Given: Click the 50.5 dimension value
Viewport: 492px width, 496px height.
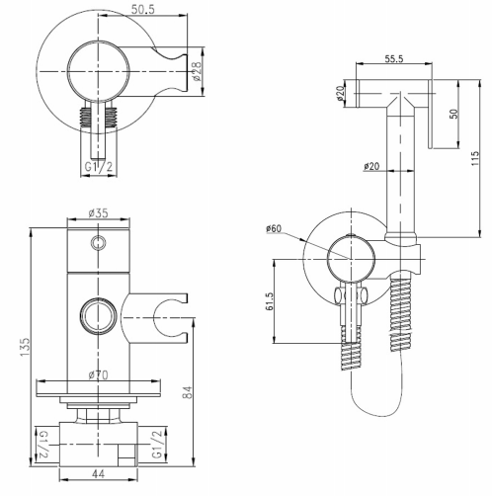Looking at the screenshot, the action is pyautogui.click(x=143, y=9).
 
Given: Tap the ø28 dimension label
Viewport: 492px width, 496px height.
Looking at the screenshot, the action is pyautogui.click(x=197, y=71).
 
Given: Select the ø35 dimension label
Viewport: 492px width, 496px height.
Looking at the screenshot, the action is pyautogui.click(x=98, y=213).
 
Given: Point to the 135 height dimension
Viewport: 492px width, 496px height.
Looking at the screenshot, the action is pyautogui.click(x=25, y=347).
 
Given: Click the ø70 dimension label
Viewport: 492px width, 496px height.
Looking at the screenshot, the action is pyautogui.click(x=98, y=374).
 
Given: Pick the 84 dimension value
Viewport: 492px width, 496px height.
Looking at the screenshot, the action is pyautogui.click(x=187, y=392).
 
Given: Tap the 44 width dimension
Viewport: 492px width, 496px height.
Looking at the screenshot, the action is pyautogui.click(x=98, y=474).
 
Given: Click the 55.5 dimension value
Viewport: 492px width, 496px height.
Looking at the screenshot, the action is pyautogui.click(x=394, y=58).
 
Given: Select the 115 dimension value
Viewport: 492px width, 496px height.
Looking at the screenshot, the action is pyautogui.click(x=474, y=158).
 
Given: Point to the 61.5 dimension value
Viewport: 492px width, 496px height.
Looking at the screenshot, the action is pyautogui.click(x=270, y=301).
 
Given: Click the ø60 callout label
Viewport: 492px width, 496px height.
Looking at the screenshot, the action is pyautogui.click(x=274, y=228).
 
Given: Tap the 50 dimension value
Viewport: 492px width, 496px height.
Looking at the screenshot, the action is pyautogui.click(x=453, y=114).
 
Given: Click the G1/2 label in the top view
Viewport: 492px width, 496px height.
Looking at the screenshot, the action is pyautogui.click(x=99, y=167).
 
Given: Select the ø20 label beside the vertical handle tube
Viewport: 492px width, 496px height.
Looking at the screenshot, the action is pyautogui.click(x=371, y=166).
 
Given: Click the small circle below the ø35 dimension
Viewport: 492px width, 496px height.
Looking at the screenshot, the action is pyautogui.click(x=98, y=243).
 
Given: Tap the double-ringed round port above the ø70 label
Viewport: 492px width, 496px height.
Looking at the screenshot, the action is pyautogui.click(x=98, y=315).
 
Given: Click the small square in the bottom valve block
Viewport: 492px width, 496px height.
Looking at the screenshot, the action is pyautogui.click(x=126, y=456).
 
